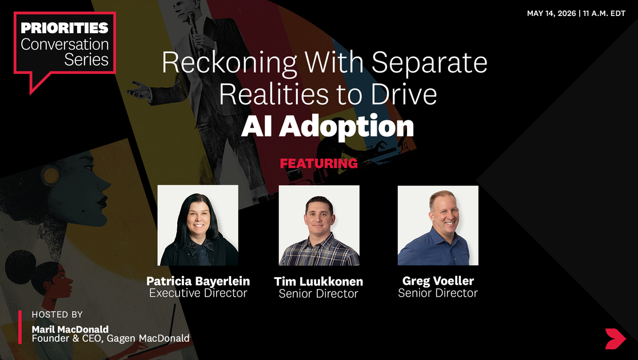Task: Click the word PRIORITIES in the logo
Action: point(64,27)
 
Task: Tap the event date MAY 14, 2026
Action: point(551,13)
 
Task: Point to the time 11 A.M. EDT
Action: point(604,13)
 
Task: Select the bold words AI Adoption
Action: point(327,127)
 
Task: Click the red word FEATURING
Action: point(318,163)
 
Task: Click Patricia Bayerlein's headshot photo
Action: point(198,225)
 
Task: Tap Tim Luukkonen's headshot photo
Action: point(319,225)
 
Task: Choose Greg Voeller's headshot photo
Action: point(438,225)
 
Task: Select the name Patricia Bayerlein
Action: point(198,281)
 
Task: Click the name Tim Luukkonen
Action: point(318,282)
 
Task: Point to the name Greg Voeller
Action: point(438,281)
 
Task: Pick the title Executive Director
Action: point(198,293)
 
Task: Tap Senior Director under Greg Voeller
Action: point(438,293)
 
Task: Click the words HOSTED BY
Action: point(57,314)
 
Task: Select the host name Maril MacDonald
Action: point(70,329)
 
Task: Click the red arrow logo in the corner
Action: point(615,339)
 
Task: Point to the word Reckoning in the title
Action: point(229,63)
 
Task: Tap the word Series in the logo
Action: point(86,60)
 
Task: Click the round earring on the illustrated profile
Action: point(51,176)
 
